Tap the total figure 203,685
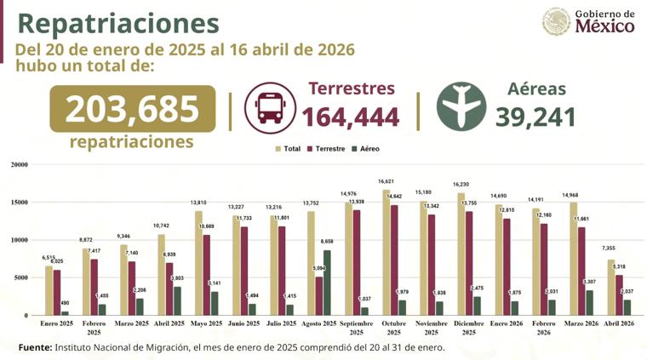click(132, 109)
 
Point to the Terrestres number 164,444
click(351, 117)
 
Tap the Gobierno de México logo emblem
click(557, 21)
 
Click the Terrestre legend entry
click(327, 149)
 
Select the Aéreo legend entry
click(368, 149)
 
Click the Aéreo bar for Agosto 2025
click(327, 282)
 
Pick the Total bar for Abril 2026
click(610, 287)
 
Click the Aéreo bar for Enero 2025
click(65, 312)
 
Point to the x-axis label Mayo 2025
click(207, 324)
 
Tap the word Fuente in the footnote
click(34, 347)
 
